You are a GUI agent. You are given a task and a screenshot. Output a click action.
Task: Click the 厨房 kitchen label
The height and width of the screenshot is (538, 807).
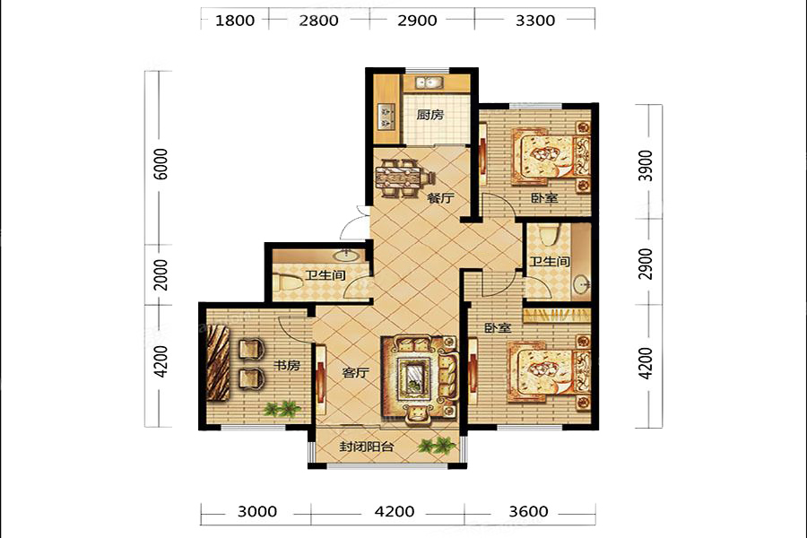click(x=430, y=114)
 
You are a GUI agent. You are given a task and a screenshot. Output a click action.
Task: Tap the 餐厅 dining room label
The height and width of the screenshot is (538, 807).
click(x=441, y=197)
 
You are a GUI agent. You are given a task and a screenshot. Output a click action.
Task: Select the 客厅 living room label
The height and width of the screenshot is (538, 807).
click(x=356, y=372)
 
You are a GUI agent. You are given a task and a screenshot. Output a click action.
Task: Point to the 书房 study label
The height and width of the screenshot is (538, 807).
click(x=286, y=366)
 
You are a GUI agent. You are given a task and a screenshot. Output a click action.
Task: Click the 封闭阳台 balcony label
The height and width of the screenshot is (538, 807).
click(x=367, y=447)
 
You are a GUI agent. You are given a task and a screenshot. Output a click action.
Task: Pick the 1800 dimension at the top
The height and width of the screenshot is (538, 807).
click(x=235, y=21)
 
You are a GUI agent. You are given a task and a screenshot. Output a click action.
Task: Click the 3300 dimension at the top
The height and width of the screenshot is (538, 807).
click(x=535, y=21)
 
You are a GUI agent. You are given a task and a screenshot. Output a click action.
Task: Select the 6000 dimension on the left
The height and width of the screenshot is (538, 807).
click(x=161, y=164)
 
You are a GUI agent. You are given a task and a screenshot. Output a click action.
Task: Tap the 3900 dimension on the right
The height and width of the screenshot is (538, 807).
click(x=646, y=166)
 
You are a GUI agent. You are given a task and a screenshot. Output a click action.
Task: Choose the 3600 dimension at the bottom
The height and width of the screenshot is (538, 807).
click(x=528, y=511)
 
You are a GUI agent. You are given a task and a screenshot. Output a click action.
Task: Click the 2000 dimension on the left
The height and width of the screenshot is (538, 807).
click(x=161, y=275)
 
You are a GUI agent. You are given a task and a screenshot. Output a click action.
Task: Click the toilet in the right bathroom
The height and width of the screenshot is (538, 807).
click(x=547, y=235)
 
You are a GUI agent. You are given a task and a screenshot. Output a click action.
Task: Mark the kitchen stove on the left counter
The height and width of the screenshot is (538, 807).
click(x=386, y=117)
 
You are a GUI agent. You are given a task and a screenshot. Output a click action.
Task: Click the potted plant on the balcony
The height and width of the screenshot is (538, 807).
click(x=437, y=445)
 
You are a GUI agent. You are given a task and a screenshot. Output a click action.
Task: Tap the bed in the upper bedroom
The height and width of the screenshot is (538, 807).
click(x=551, y=157)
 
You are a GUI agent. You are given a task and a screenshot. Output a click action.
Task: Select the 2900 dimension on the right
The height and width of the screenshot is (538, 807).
click(x=646, y=264)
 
